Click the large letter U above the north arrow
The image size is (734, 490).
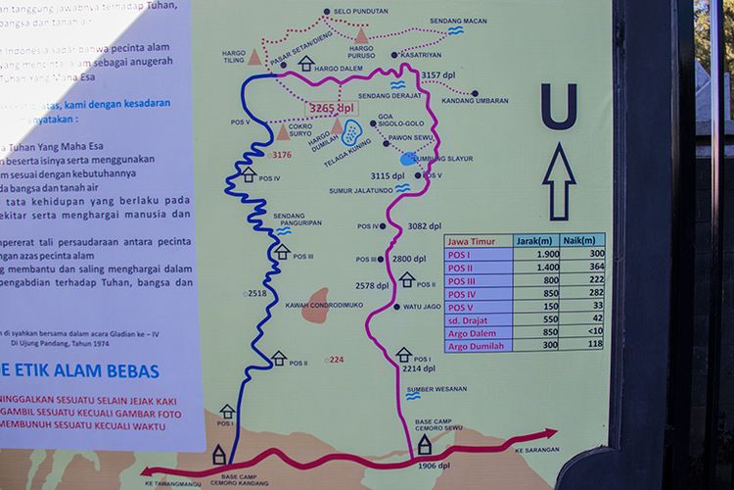(x=559, y=105)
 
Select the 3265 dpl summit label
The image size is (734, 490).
(x=331, y=108)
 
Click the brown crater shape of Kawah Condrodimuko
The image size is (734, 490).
(x=316, y=305)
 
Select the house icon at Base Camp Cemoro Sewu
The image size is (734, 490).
(x=425, y=445)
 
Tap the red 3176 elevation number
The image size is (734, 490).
(x=282, y=155)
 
